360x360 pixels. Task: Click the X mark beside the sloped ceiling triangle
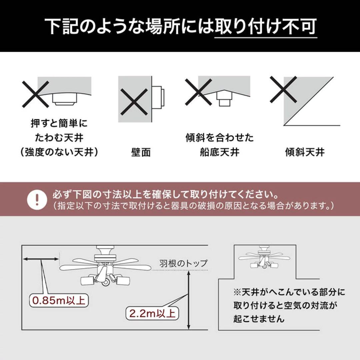click(283, 89)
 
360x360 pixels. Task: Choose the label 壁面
click(140, 152)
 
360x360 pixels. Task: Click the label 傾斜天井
click(305, 152)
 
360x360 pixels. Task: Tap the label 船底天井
click(220, 152)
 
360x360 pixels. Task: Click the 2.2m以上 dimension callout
click(152, 313)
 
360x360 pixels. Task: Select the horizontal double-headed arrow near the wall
click(40, 258)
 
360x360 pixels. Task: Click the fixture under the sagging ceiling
click(65, 99)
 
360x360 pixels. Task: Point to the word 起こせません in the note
click(259, 319)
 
